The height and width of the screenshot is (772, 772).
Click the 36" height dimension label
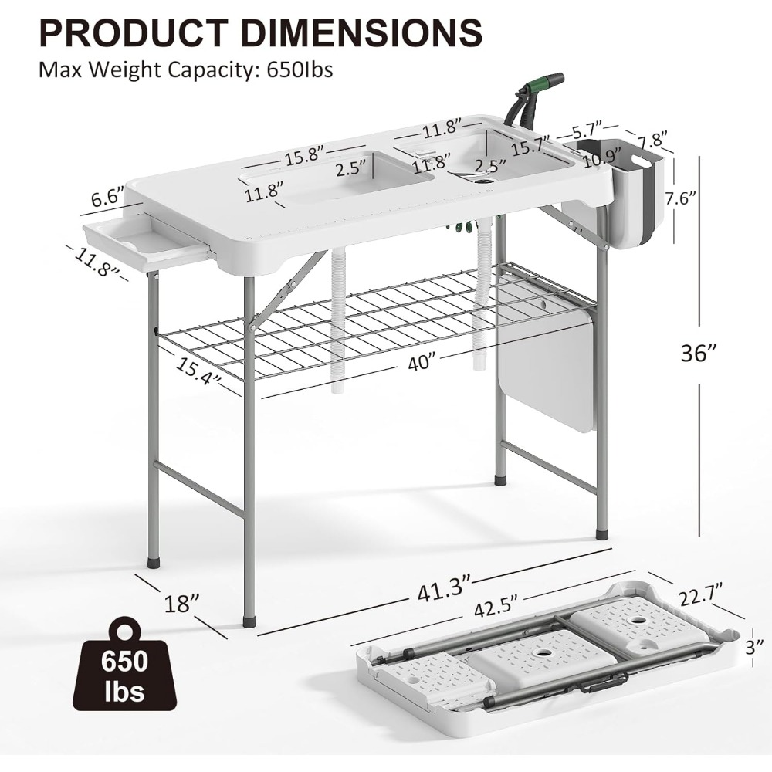pos(700,353)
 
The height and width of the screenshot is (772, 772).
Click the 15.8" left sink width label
pos(302,155)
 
